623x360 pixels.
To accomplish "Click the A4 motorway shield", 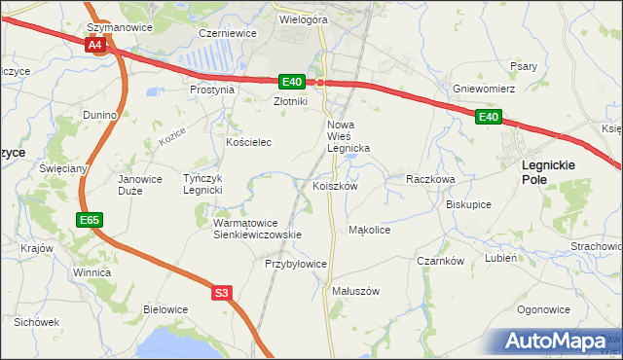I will pos(94,45).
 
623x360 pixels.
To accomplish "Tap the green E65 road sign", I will pos(90,221).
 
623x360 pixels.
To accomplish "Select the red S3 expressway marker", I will pos(223,292).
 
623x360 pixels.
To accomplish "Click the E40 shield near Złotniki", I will pos(292,82).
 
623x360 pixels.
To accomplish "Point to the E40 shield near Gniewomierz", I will pos(489,118).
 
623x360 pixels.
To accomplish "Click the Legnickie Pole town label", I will pos(549,172).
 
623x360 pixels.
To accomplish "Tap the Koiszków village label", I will pos(336,186).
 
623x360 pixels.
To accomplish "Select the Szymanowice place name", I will pos(120,27).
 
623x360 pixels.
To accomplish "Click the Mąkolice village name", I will pos(369,231).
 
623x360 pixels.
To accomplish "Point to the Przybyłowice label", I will pos(296,264).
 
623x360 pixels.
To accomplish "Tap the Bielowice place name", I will pos(165,309).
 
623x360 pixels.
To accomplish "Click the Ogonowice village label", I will pos(543,309).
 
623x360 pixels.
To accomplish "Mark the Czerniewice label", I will pos(227,32).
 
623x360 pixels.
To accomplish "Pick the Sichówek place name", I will pos(37,321).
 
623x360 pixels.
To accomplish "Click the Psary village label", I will pos(524,66).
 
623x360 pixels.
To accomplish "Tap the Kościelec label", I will pos(248,142).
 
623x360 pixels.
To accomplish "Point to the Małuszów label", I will pos(355,291).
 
